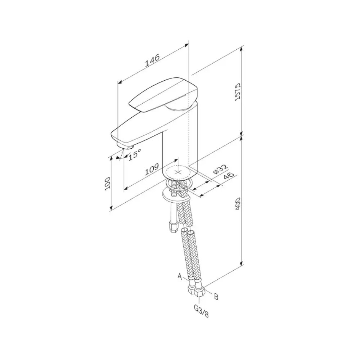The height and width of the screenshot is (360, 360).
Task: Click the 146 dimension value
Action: pyautogui.click(x=152, y=60)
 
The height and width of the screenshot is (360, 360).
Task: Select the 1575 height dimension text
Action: pyautogui.click(x=237, y=91)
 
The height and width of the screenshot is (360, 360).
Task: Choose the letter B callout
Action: pyautogui.click(x=216, y=296)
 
